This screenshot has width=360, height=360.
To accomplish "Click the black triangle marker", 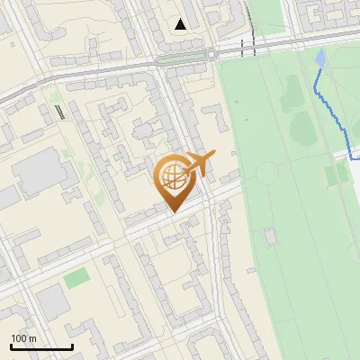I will click(x=182, y=23).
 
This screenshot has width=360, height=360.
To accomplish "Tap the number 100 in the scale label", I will click(x=19, y=338).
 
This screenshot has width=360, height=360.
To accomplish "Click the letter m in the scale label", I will click(x=32, y=338).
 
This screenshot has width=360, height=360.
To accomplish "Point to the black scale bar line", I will click(x=41, y=347).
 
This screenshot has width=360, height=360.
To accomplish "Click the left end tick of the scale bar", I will click(x=11, y=346).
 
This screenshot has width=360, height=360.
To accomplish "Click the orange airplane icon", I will click(x=198, y=164).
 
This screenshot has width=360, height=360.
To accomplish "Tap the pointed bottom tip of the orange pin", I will click(x=172, y=212).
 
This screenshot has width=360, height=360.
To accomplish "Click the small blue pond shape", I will click(x=320, y=58).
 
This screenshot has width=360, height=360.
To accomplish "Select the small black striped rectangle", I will click(x=59, y=112).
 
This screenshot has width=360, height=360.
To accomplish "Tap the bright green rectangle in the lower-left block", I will click(x=76, y=277).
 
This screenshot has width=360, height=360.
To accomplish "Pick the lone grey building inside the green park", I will click(x=269, y=236).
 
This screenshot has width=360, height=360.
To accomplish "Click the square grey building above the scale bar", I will click(x=54, y=302).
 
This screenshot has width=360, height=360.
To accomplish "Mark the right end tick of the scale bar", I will click(x=72, y=346).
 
